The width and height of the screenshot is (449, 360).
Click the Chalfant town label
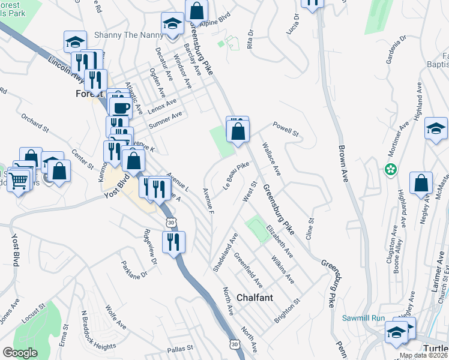(x=255, y=298)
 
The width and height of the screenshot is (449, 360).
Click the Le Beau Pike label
(x=236, y=175)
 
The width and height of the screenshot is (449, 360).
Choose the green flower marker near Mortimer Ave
(x=391, y=169)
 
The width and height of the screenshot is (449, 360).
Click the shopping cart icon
(x=19, y=179)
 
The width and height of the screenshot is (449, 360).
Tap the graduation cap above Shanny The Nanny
(x=173, y=24)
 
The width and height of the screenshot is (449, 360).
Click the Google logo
(x=20, y=352)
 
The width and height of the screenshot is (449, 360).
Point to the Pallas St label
(x=180, y=348)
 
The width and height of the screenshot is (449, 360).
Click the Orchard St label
(x=34, y=122)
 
